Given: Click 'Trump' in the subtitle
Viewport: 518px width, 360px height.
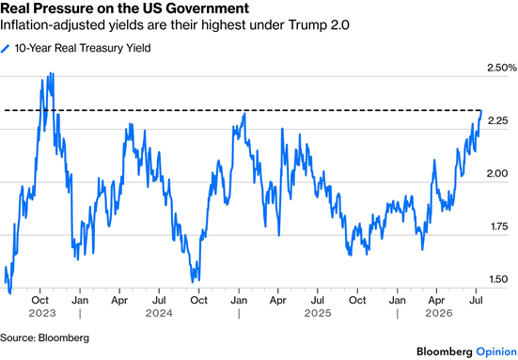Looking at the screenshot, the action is coord(306,25).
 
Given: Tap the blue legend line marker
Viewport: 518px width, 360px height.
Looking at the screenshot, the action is coord(6,49).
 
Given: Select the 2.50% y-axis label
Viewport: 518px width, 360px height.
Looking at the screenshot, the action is coord(501,68).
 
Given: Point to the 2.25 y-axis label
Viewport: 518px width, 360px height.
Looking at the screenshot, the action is coord(497,121).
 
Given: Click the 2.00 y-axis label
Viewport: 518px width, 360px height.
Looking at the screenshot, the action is coord(497,173).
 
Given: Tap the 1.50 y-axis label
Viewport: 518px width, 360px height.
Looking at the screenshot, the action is coord(497,279).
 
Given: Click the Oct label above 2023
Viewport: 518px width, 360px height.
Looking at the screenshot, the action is coord(40,300).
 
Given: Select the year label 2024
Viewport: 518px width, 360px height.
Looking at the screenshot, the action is coord(159,313).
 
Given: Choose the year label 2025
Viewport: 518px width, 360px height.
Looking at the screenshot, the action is coord(318,313).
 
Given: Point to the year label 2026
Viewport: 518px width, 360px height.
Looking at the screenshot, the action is coord(439,313).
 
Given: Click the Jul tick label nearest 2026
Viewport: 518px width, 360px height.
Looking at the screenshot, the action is coord(476,300).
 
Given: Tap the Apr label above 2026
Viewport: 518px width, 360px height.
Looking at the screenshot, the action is coord(436,300).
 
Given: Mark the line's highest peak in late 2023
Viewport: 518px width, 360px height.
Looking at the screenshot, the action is coord(51,73).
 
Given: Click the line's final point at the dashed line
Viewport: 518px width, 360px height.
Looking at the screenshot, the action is coord(481,111).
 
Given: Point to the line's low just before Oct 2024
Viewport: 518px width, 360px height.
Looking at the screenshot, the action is coord(193,282).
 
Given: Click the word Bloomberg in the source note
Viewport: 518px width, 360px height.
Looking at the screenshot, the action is coord(64,337).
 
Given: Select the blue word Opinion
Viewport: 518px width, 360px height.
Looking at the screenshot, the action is coord(496,352).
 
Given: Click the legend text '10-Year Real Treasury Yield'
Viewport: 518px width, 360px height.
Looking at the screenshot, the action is coord(83,48).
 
